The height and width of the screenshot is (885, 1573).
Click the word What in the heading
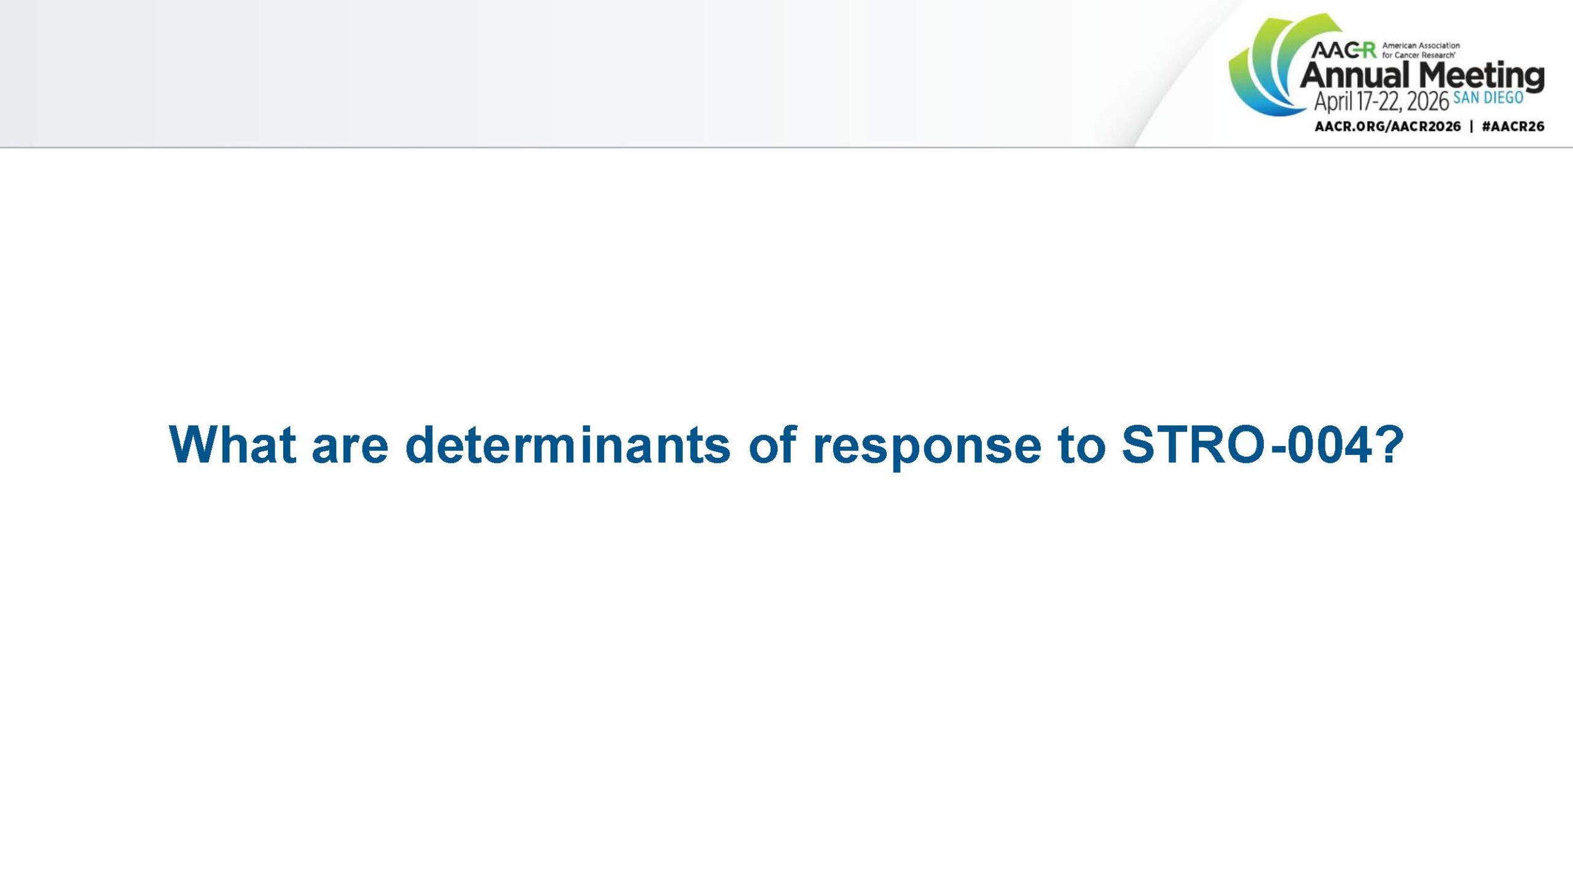[x=232, y=444]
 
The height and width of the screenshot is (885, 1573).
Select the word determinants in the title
[x=568, y=444]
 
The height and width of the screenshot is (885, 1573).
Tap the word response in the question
[x=927, y=449]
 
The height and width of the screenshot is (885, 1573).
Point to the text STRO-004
[x=1247, y=444]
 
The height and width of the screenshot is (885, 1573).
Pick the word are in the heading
[x=350, y=449]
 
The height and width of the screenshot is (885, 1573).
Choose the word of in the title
[x=772, y=444]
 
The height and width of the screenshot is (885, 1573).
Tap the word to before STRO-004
[x=1081, y=445]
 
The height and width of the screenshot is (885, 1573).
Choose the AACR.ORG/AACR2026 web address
[x=1387, y=127]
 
